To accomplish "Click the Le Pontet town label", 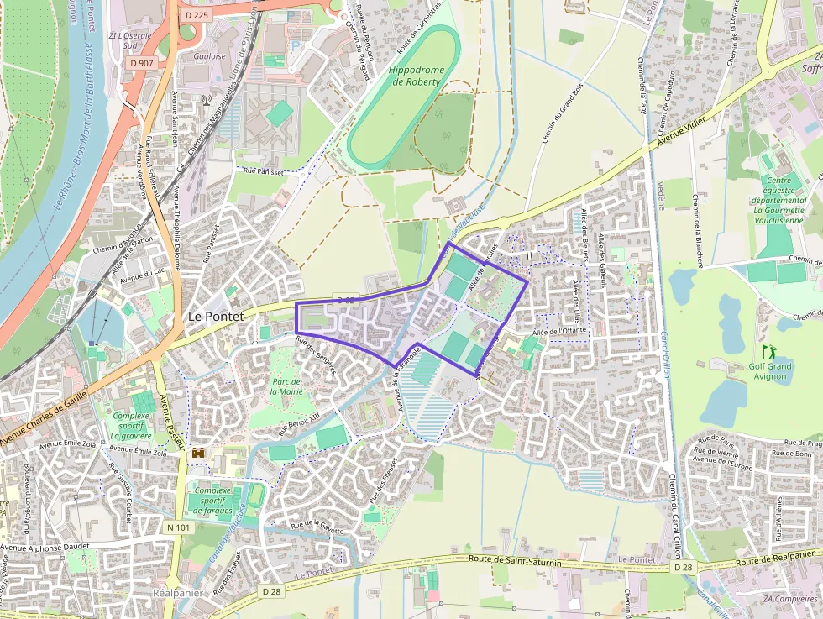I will (x=215, y=317).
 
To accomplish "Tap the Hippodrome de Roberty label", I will (x=415, y=76).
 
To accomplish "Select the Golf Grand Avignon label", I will (x=769, y=370).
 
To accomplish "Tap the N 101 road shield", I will (x=178, y=527).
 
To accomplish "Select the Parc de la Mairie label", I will (x=286, y=386).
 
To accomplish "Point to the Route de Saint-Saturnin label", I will (x=515, y=559).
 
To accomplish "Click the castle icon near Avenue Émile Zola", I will (x=199, y=453).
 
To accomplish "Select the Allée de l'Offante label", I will (x=558, y=330).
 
